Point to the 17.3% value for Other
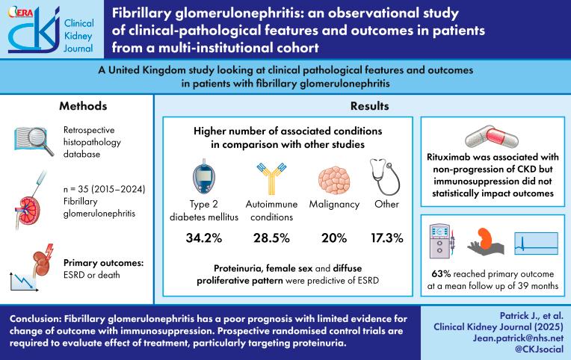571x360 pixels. [x=386, y=238]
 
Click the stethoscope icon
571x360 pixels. [x=386, y=174]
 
